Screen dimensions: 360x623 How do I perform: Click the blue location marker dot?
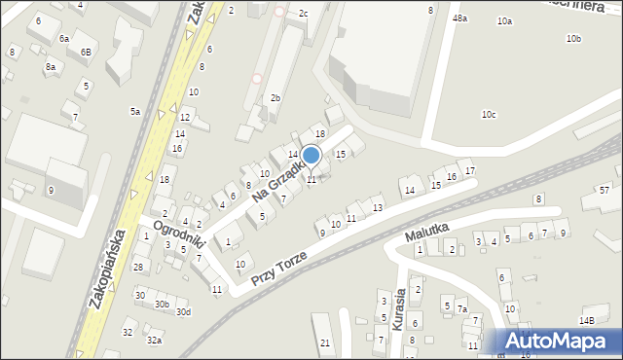(x=311, y=156)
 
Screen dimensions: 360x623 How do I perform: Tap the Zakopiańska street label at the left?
(x=108, y=269)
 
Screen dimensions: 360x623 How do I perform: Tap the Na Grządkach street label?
(x=275, y=178)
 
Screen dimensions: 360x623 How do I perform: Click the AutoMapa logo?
(x=558, y=342)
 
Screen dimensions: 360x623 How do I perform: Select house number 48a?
(x=459, y=18)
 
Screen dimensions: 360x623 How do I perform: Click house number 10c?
(x=489, y=115)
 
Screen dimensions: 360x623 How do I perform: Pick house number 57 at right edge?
(x=605, y=190)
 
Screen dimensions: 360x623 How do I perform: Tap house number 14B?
(x=586, y=320)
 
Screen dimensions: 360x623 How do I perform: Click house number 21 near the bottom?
(x=325, y=343)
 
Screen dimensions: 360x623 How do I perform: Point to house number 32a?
(x=154, y=341)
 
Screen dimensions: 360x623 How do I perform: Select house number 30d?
(x=183, y=312)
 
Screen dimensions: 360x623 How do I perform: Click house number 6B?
(x=86, y=52)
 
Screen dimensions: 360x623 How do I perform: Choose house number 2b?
(x=275, y=98)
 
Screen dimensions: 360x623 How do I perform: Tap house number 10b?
(x=573, y=39)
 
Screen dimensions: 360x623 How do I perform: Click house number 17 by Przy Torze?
(x=470, y=171)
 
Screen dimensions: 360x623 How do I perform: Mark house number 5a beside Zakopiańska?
(x=135, y=112)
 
